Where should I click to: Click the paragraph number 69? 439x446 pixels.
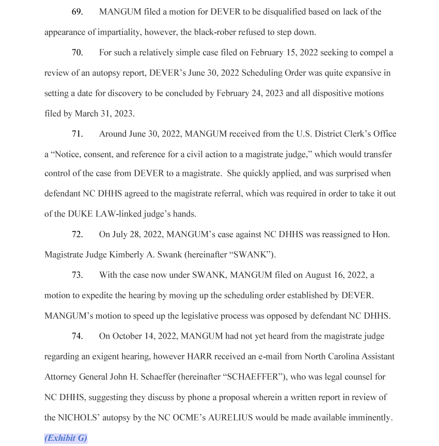pyautogui.click(x=77, y=11)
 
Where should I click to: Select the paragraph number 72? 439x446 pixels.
pyautogui.click(x=77, y=235)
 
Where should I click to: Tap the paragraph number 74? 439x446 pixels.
pyautogui.click(x=77, y=336)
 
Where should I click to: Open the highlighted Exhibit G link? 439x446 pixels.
pyautogui.click(x=66, y=438)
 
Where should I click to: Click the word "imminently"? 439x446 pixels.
pyautogui.click(x=367, y=418)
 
